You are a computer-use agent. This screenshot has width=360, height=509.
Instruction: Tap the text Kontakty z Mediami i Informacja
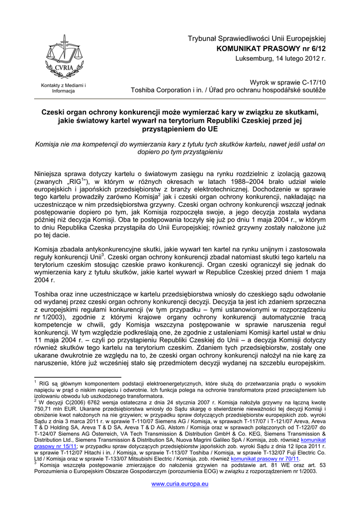coord(63,88)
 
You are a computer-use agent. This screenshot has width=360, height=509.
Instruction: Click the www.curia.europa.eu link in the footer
coord(180,484)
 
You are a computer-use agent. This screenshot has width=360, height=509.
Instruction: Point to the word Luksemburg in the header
coord(253,59)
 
